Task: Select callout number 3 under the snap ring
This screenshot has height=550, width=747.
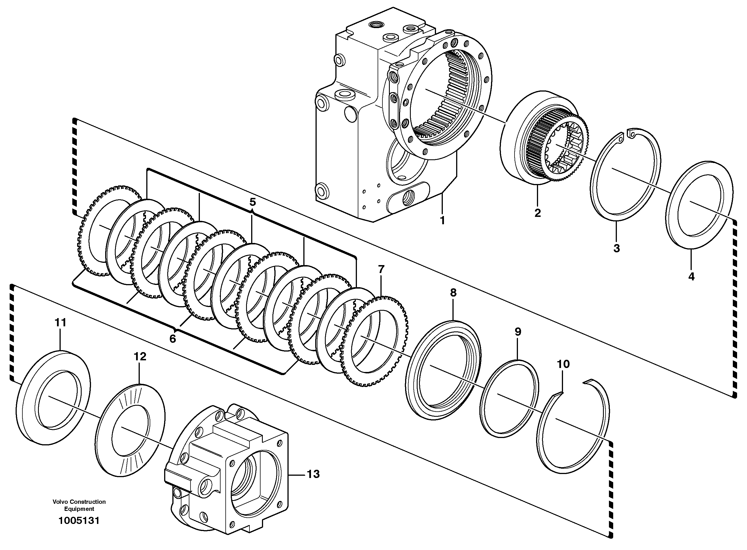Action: tap(616, 248)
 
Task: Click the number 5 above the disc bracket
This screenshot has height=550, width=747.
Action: tap(252, 202)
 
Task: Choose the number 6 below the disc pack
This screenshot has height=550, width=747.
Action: tap(172, 339)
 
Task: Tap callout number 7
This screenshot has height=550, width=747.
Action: tap(381, 269)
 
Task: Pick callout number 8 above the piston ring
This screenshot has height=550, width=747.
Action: tap(453, 293)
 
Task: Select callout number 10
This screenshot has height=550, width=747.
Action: tap(563, 364)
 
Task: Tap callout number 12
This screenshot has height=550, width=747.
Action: tap(140, 357)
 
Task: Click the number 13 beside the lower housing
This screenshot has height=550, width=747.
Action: tap(313, 474)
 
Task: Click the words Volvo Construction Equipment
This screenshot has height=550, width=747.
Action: tap(79, 505)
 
